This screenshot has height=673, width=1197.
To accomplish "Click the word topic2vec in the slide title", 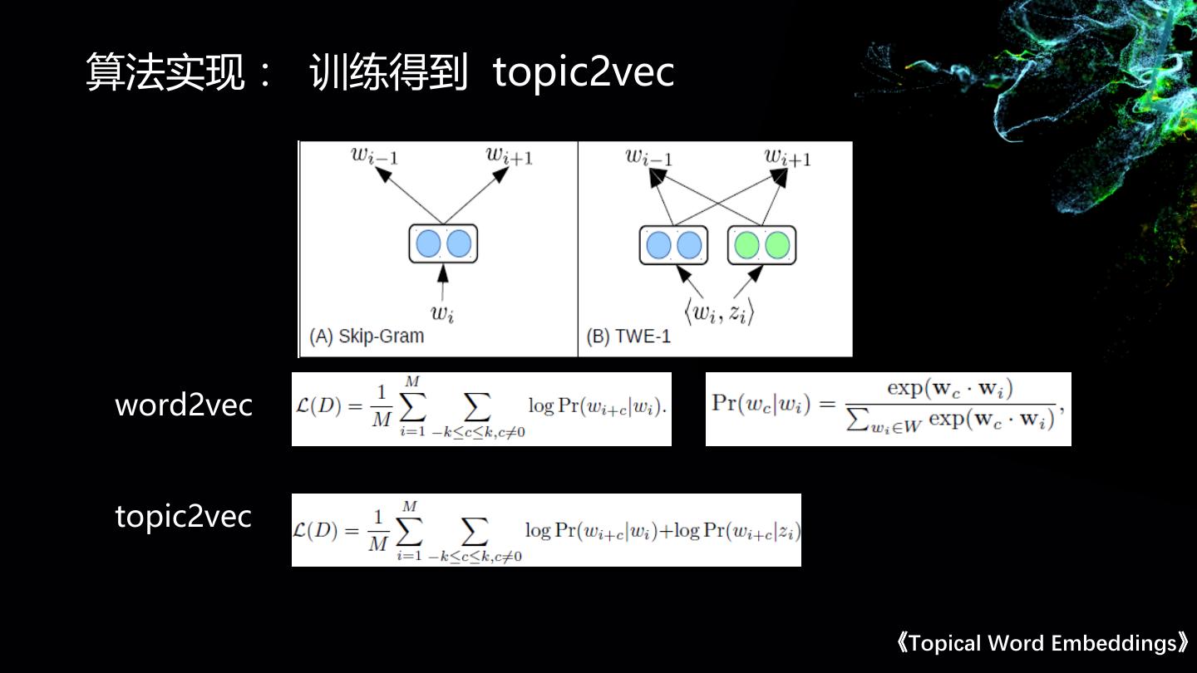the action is pos(583,73).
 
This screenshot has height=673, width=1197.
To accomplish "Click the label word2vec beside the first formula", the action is pos(184,405).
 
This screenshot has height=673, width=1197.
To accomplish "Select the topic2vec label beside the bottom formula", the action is pos(183,517).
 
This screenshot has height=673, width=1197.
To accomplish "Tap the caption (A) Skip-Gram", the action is pos(367,336).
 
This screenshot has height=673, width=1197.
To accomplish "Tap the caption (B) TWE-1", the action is pos(628,336).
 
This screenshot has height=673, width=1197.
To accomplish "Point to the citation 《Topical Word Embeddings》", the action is pos(1042,643).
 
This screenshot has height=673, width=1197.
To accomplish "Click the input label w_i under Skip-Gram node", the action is pos(441,312).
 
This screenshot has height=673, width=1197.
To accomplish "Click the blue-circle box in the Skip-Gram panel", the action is pos(443,244).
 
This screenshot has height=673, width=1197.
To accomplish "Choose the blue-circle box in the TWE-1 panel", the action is pos(673,245).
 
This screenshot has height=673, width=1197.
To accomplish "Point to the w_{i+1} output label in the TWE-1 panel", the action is pos(787,156).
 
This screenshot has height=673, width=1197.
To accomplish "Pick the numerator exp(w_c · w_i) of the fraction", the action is pos(949,387).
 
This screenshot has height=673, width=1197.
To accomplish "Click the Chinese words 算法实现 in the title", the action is pos(166,73).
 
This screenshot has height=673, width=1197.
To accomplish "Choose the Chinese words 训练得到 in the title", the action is pos(388,73).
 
